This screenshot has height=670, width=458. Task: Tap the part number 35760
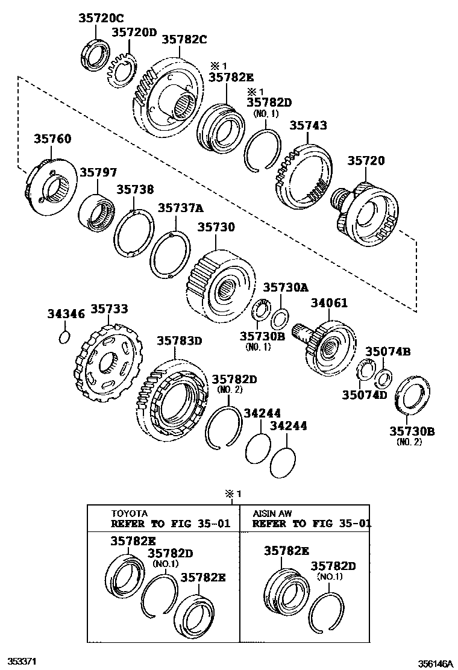51,139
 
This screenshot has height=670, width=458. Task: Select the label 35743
308,125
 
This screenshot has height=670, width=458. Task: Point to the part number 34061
329,303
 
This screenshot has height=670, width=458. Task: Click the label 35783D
180,340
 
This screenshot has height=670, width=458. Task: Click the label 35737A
181,208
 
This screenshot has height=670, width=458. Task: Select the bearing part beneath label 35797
96,212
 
